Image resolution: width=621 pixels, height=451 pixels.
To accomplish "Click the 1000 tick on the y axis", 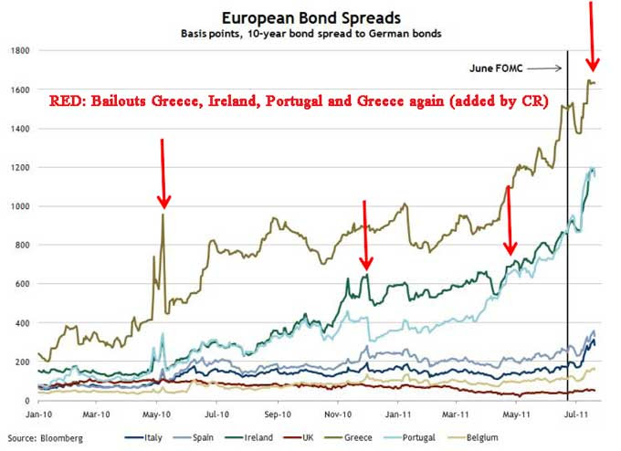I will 21,206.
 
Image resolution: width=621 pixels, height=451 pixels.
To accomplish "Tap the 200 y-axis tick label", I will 24,362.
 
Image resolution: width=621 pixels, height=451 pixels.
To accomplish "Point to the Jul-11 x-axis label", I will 576,414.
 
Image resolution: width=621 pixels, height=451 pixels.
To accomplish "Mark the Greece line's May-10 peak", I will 163,215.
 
